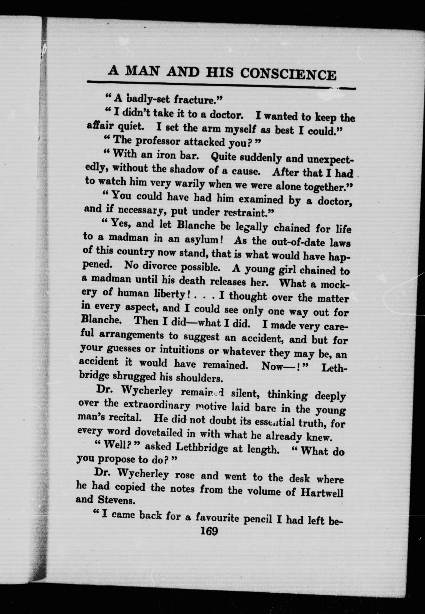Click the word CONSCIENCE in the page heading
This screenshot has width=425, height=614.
288,74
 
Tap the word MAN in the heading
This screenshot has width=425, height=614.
143,71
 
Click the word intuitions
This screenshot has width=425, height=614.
182,350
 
